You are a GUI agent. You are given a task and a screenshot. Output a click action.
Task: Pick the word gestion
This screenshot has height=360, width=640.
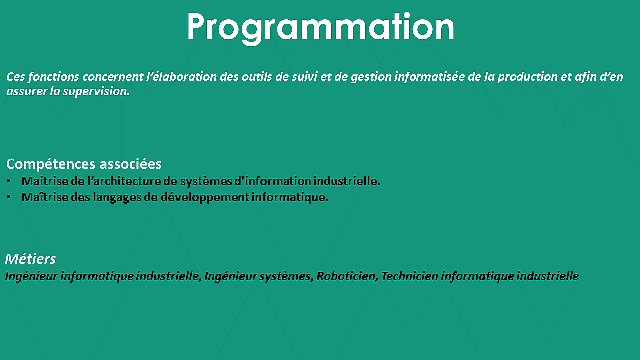pyautogui.click(x=371, y=77)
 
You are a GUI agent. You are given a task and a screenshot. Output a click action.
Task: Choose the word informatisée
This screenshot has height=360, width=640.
pyautogui.click(x=429, y=77)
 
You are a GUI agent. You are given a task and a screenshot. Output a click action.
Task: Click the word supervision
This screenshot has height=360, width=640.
pyautogui.click(x=96, y=92)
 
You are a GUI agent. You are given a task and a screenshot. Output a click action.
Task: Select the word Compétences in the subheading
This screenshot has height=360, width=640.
pyautogui.click(x=51, y=164)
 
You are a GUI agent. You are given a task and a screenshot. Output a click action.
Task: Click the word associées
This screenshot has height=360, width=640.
pyautogui.click(x=131, y=164)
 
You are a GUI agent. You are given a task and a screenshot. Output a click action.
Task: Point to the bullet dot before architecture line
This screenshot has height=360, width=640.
pyautogui.click(x=9, y=181)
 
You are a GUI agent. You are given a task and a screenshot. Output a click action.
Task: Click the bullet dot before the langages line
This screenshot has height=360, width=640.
pyautogui.click(x=9, y=197)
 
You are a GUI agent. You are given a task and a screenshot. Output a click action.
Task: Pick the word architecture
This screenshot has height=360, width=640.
pyautogui.click(x=127, y=181)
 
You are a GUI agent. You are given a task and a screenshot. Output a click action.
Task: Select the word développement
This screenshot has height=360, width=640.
pyautogui.click(x=205, y=197)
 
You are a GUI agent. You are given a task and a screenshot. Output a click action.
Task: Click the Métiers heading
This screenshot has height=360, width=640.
pyautogui.click(x=30, y=259)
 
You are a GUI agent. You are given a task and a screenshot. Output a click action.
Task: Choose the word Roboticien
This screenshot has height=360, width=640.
pyautogui.click(x=347, y=276)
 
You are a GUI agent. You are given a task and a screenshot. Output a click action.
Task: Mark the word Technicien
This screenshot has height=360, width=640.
pyautogui.click(x=410, y=276)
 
